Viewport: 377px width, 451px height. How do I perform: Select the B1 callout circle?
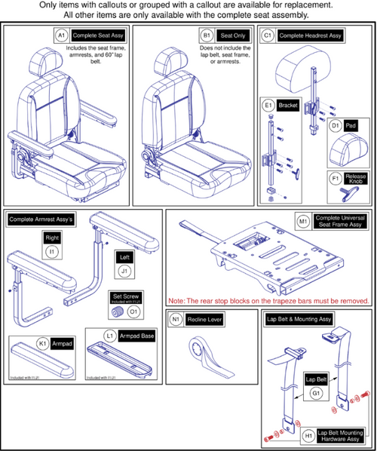pyautogui.click(x=206, y=35)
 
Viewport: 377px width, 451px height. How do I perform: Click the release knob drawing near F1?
pyautogui.click(x=349, y=194)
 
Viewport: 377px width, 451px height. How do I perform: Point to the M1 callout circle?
pyautogui.click(x=302, y=222)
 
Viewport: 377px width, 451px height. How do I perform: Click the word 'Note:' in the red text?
pyautogui.click(x=179, y=301)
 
